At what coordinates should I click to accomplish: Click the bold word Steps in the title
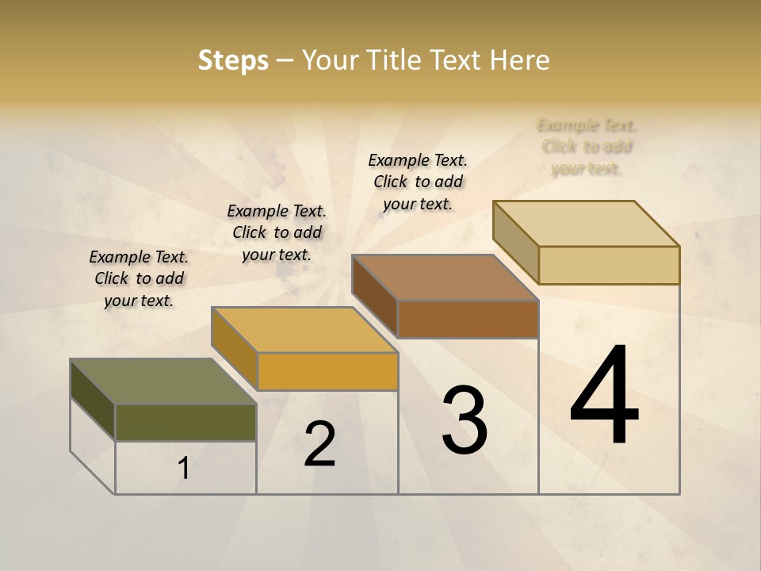[x=233, y=60]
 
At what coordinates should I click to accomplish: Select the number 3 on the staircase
[x=465, y=420]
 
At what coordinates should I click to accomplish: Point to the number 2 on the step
[x=320, y=444]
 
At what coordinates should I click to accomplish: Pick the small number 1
[x=184, y=468]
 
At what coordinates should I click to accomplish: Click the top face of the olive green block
[x=163, y=381]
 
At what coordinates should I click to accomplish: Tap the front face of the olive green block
[x=185, y=423]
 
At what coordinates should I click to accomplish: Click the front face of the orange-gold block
[x=327, y=371]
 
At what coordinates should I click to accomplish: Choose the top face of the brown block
[x=445, y=278]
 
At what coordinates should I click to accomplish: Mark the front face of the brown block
[x=468, y=319]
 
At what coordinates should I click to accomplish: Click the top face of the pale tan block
[x=586, y=224]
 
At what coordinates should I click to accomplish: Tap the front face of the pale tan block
[x=609, y=265]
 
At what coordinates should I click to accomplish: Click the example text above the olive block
[x=139, y=278]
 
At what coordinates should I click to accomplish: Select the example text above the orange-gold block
[x=277, y=232]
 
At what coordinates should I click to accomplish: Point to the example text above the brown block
[x=418, y=182]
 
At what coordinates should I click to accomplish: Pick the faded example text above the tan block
[x=587, y=147]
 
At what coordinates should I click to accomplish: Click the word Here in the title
[x=519, y=60]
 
